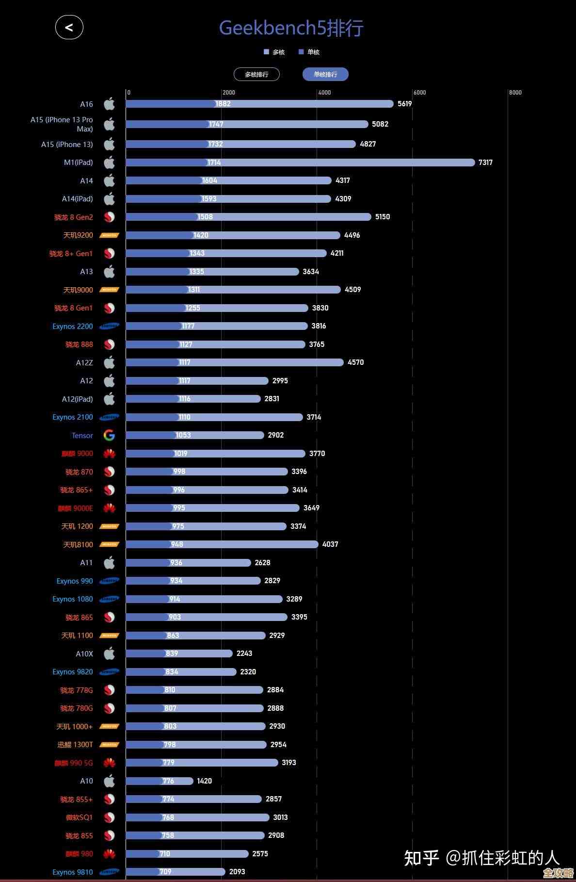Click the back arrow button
click(69, 27)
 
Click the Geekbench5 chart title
click(291, 28)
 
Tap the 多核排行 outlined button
click(256, 74)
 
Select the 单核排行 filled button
click(325, 74)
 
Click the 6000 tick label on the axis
click(419, 93)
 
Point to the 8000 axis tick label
click(515, 93)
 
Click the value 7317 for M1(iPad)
click(485, 163)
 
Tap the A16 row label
click(86, 104)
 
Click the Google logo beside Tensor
click(109, 436)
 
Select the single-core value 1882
click(223, 104)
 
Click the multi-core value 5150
click(383, 217)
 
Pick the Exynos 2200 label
click(73, 327)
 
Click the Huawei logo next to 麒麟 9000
click(109, 454)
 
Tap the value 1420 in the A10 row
click(204, 781)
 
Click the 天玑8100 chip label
click(78, 545)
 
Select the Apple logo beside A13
click(110, 272)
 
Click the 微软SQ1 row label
click(79, 817)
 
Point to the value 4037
click(330, 544)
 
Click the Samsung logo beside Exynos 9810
click(109, 872)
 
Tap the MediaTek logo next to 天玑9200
click(109, 235)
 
